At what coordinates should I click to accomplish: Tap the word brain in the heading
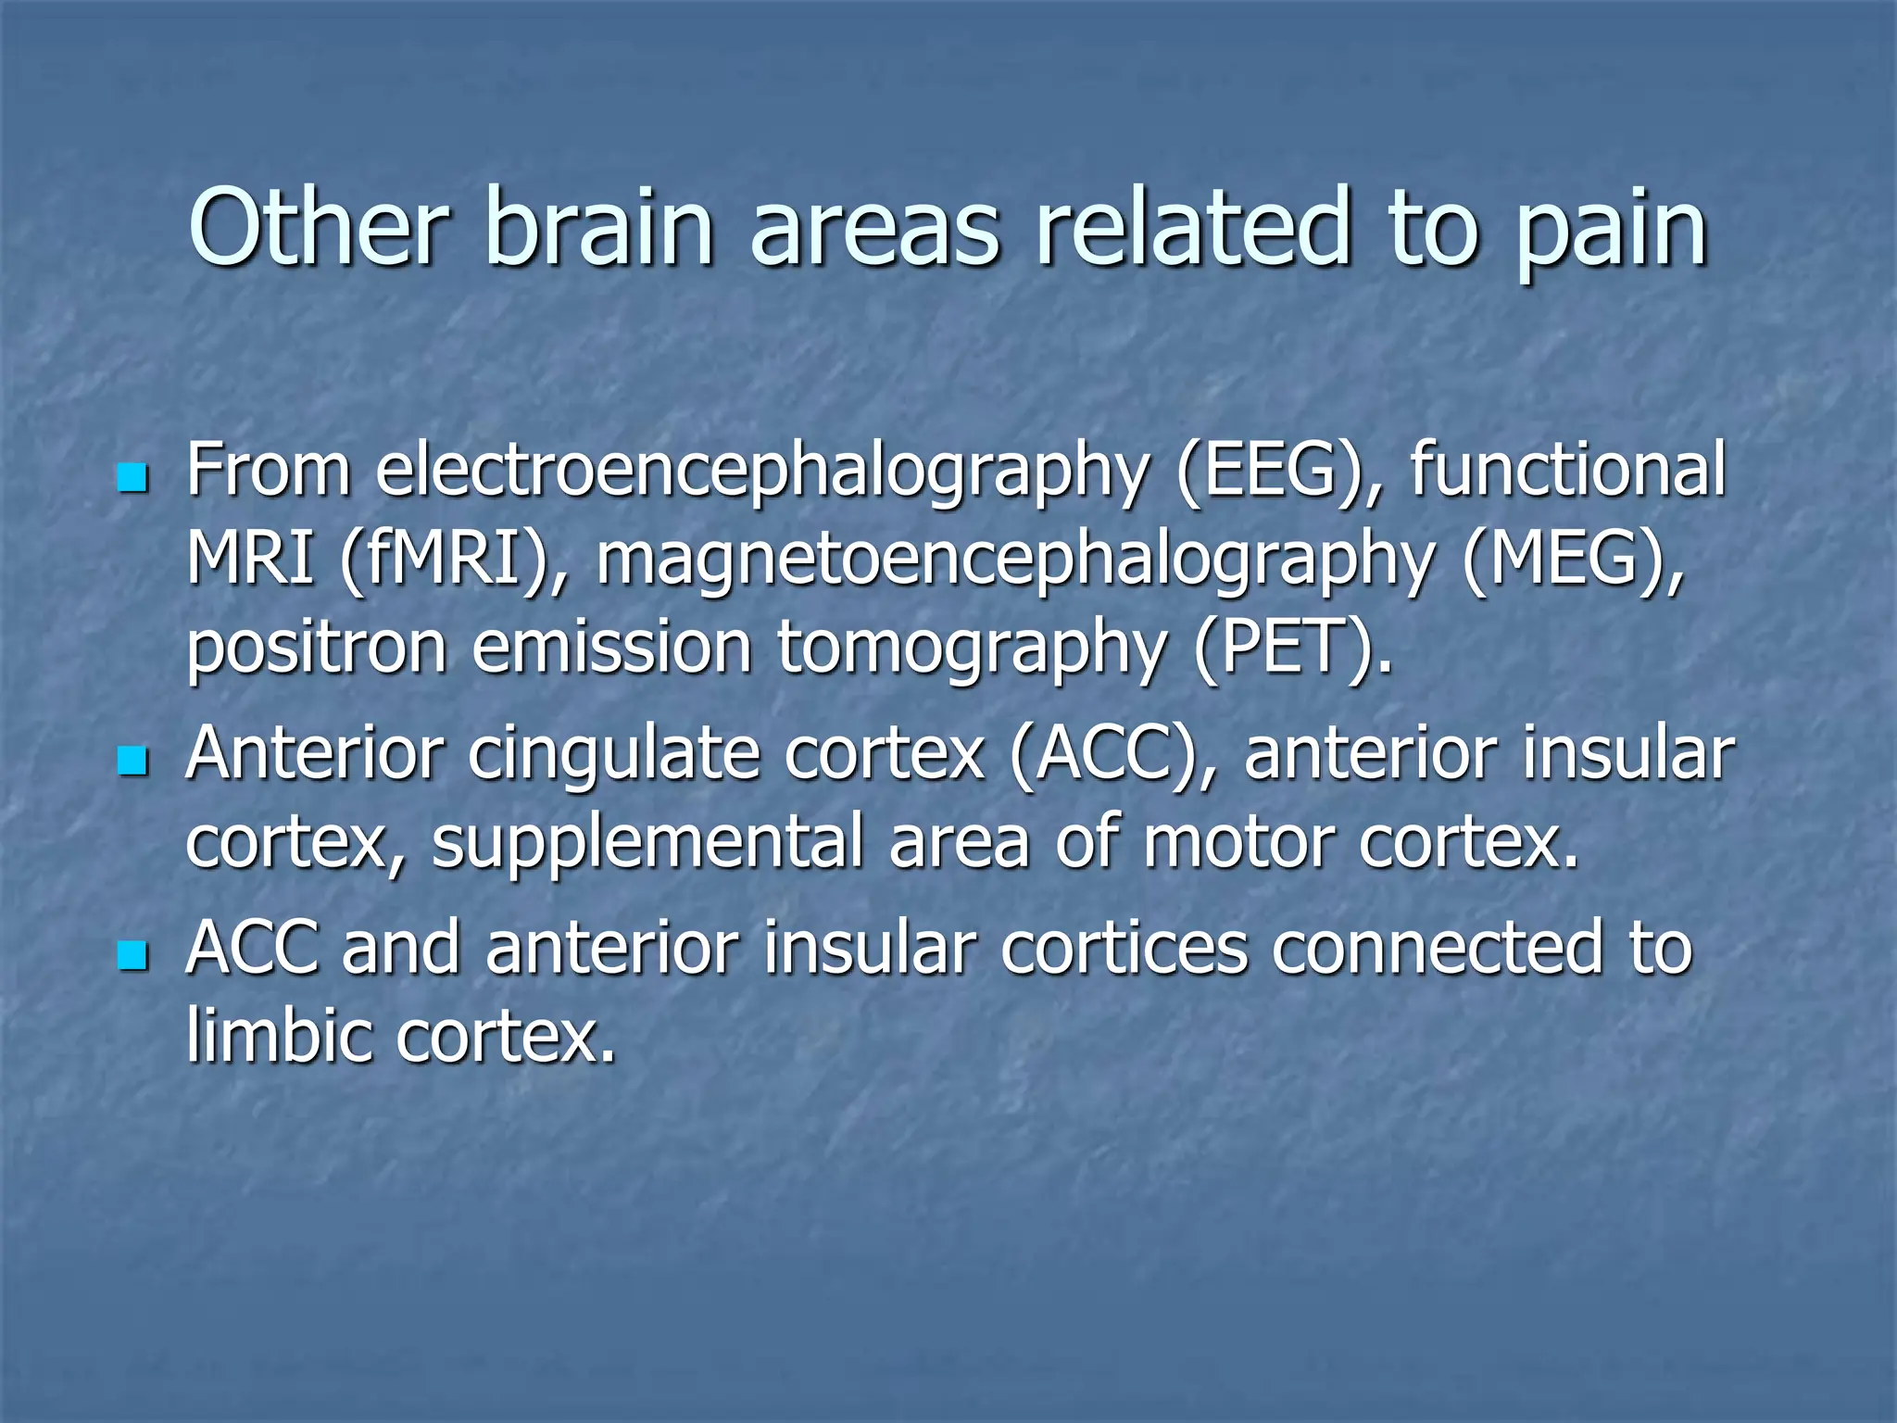click(x=598, y=227)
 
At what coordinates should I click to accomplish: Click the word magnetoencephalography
click(x=1014, y=561)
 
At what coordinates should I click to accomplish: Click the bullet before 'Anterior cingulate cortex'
click(x=133, y=762)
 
